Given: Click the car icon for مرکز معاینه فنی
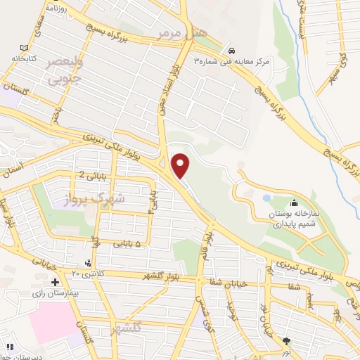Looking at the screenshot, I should tap(231, 50).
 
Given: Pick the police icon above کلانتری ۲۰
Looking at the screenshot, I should tap(88, 263).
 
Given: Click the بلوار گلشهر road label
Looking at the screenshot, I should tap(168, 276).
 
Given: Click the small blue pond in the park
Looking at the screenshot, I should tap(266, 198).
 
